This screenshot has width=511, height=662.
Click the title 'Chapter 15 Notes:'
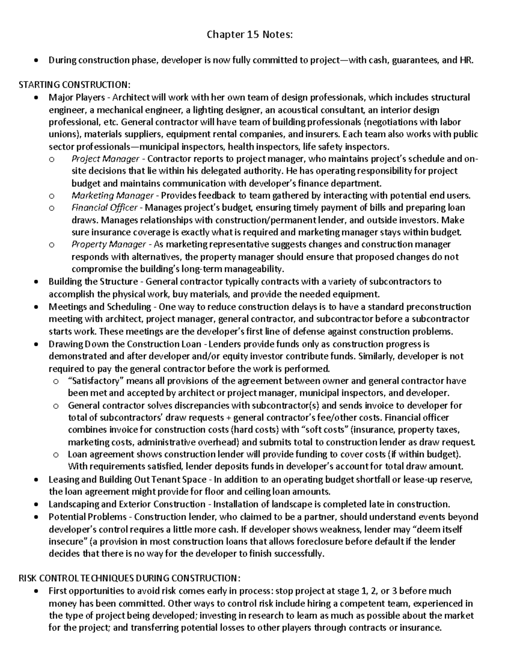[250, 35]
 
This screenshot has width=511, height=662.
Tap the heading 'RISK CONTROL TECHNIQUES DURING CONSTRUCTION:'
[129, 578]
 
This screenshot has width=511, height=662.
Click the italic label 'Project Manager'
[105, 159]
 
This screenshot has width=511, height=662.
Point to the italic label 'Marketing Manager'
[112, 196]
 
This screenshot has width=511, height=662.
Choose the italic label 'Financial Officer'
[104, 208]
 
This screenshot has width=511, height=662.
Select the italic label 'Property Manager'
[109, 245]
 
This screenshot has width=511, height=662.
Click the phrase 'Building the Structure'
[93, 282]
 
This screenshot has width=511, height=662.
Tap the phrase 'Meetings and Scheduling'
[100, 307]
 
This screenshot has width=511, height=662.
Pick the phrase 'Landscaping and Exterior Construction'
[127, 504]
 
